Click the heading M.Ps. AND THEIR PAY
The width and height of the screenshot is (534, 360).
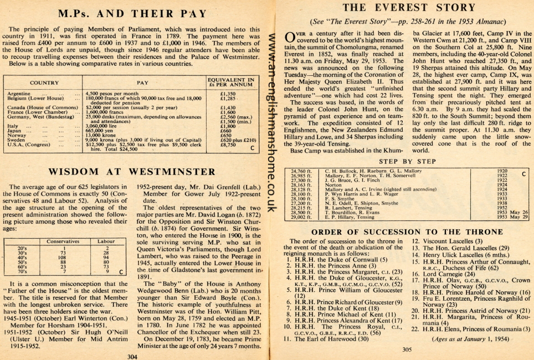click(133, 14)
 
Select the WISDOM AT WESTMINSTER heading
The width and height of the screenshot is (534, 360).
click(133, 172)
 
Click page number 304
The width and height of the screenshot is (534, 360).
click(132, 357)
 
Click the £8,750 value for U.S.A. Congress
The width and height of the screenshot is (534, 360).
click(222, 145)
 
